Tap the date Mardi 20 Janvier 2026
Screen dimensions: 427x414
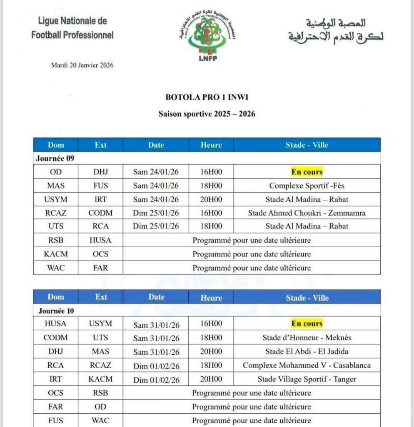[82, 65]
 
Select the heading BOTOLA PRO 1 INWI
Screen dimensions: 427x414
[207, 98]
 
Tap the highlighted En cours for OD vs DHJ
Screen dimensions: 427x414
[307, 171]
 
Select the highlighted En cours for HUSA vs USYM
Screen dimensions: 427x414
[307, 324]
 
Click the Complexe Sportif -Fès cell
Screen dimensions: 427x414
[307, 186]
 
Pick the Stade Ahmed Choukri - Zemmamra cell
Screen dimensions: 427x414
[307, 213]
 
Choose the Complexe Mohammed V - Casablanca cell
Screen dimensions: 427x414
[307, 366]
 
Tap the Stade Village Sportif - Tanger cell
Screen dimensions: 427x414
[307, 379]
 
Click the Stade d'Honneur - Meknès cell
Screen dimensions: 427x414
[307, 338]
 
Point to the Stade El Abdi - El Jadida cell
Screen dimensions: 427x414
[307, 352]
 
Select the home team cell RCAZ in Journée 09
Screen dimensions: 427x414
[56, 213]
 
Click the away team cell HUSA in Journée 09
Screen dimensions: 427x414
[100, 240]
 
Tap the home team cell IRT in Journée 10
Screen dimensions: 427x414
[56, 379]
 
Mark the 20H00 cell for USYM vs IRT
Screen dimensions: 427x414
[211, 199]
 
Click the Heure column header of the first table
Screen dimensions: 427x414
[211, 145]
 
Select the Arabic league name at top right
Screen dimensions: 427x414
[336, 30]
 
